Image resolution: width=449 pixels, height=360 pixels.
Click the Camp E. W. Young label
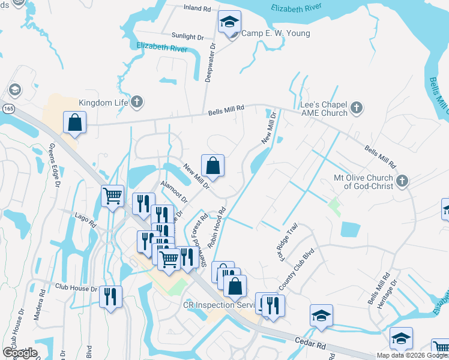click(276, 34)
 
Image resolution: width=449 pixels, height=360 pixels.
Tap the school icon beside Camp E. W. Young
click(229, 23)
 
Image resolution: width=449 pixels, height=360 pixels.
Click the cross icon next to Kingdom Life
click(137, 102)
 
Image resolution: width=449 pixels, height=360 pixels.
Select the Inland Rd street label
click(198, 9)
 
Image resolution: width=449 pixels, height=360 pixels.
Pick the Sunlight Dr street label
click(187, 37)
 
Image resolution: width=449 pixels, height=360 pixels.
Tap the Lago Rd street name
click(85, 220)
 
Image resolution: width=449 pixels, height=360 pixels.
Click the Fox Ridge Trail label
click(287, 239)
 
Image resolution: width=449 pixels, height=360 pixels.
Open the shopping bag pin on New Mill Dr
click(212, 165)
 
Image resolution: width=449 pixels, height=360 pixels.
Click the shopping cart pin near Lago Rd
click(113, 196)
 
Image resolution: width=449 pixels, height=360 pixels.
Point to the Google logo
click(19, 353)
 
